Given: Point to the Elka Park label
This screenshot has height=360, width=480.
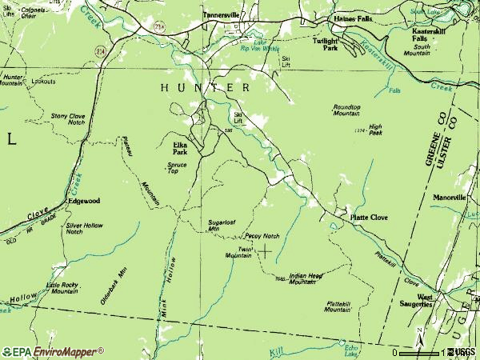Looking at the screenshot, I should tap(180, 147).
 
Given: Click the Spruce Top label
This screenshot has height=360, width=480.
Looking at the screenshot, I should tap(177, 168).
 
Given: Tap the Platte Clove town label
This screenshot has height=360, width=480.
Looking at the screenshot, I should tap(369, 217).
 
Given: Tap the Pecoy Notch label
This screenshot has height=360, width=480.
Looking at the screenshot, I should tap(262, 236).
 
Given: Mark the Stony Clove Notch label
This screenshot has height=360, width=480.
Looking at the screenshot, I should tap(68, 118).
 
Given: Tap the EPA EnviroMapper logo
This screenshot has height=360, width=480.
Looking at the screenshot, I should tap(53, 351).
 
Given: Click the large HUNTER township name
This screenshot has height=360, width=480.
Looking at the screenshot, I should tap(205, 87).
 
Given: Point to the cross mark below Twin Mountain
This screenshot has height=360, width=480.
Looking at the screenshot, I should tap(263, 250).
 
